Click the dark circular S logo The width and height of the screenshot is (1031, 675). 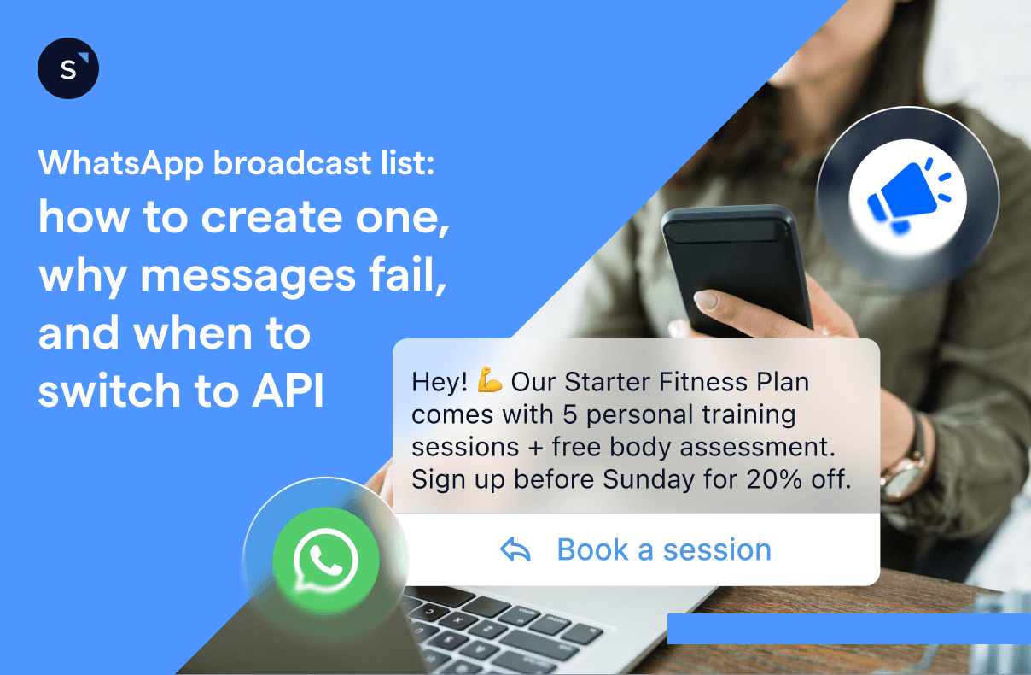click(68, 68)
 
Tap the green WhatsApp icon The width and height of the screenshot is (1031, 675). click(325, 560)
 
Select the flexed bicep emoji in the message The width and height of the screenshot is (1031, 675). click(490, 382)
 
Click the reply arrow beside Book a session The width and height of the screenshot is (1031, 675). click(515, 549)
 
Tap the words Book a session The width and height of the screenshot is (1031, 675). click(664, 549)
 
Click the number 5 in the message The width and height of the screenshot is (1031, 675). click(571, 414)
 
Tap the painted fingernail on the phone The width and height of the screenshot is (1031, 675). click(707, 301)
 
